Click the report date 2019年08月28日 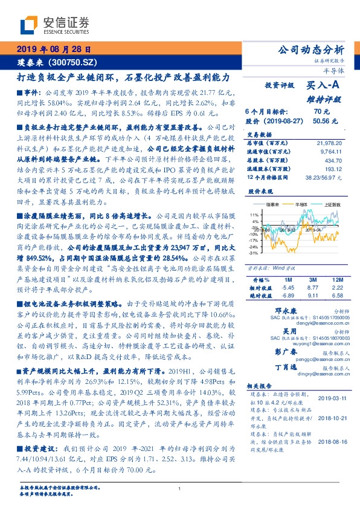pos(53,49)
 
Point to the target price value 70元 pos(321,112)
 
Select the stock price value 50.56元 pos(321,120)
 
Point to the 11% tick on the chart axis pos(254,215)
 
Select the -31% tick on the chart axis pos(253,253)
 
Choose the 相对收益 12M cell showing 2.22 pos(337,288)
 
